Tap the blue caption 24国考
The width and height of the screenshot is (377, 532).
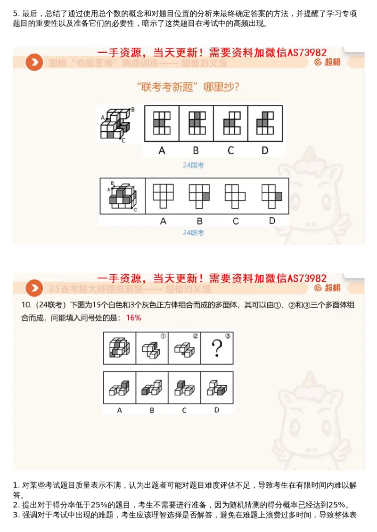pos(193,165)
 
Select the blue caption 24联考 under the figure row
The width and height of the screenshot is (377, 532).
pos(193,232)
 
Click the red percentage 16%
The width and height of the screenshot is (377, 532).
pos(134,318)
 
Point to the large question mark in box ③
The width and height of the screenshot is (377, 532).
pos(217,349)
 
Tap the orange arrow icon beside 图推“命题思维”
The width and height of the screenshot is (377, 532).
pos(34,62)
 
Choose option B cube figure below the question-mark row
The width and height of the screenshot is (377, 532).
pos(152,388)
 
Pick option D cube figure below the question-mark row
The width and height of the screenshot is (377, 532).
pos(217,388)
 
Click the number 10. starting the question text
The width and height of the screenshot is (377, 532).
pos(26,305)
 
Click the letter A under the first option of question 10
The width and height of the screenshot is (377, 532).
pos(120,410)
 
